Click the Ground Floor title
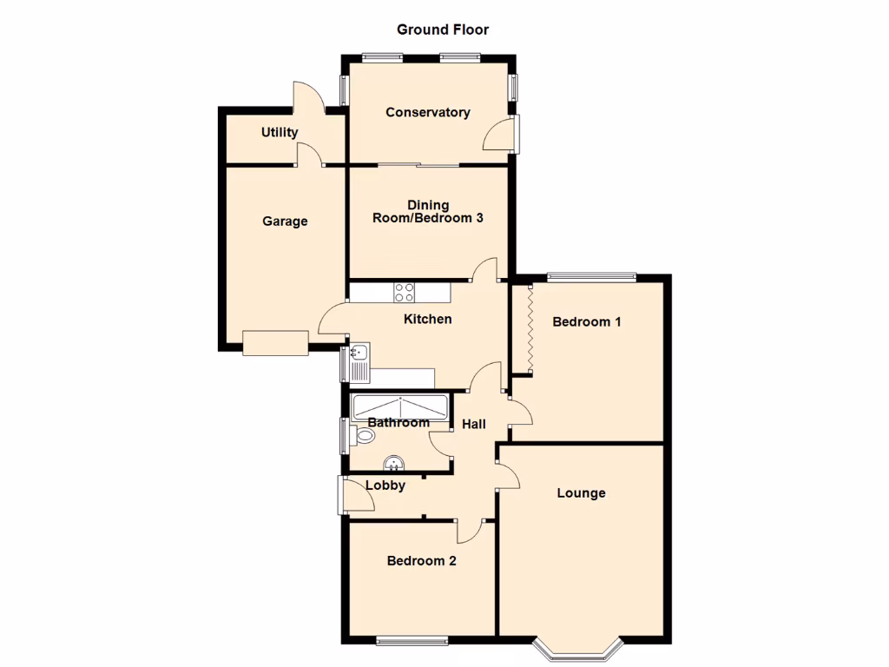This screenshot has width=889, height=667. pyautogui.click(x=443, y=30)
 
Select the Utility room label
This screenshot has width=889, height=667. pyautogui.click(x=280, y=132)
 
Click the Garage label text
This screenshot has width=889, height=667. pyautogui.click(x=285, y=221)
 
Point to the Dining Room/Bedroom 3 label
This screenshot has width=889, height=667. pyautogui.click(x=428, y=212)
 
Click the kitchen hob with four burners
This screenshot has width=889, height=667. pyautogui.click(x=404, y=292)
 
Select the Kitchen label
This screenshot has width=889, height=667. pyautogui.click(x=427, y=319)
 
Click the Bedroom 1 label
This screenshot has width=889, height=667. pyautogui.click(x=587, y=321)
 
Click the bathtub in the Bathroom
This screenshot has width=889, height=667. pyautogui.click(x=400, y=406)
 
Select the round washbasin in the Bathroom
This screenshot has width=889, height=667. pyautogui.click(x=393, y=463)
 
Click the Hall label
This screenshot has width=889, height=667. pyautogui.click(x=473, y=424)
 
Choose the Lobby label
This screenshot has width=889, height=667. pyautogui.click(x=385, y=485)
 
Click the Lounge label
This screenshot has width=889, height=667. pyautogui.click(x=581, y=493)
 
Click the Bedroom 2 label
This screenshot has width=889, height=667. pyautogui.click(x=421, y=561)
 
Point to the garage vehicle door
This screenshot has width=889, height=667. pyautogui.click(x=275, y=344)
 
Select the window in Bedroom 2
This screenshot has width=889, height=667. pyautogui.click(x=412, y=641)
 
